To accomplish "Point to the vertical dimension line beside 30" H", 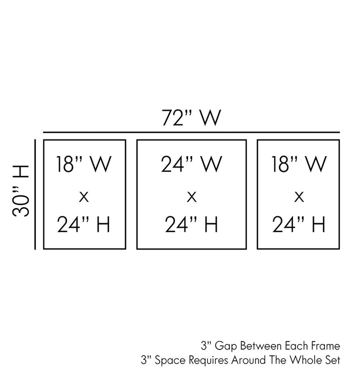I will [35, 194].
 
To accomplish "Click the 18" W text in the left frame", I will [84, 165].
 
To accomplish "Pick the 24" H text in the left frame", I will [84, 225].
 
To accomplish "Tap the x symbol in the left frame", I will [84, 196].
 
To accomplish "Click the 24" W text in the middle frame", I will [191, 165].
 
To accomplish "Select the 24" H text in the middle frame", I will [191, 225].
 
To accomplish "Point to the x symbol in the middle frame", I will [191, 196].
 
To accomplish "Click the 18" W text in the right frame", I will [299, 165].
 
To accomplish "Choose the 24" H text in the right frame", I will [299, 225].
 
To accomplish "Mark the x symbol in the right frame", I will [299, 196].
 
